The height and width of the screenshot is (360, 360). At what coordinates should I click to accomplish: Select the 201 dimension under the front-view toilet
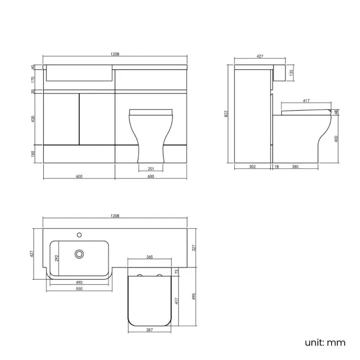[x=151, y=168]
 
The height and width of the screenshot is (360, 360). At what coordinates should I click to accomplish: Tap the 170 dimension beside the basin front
[x=33, y=79]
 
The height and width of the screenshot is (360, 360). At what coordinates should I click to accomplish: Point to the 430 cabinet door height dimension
[x=33, y=119]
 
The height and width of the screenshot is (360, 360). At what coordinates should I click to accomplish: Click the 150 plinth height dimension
[x=33, y=153]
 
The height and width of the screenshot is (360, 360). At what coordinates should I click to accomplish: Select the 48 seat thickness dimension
[x=337, y=112]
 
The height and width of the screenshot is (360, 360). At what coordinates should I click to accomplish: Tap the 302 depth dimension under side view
[x=252, y=167]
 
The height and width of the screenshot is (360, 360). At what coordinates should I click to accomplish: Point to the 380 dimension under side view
[x=296, y=167]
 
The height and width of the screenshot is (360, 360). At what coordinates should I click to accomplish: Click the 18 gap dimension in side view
[x=276, y=167]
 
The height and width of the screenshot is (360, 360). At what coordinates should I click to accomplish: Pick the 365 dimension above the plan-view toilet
[x=150, y=257]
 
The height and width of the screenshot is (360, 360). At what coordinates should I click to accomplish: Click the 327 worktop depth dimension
[x=193, y=248]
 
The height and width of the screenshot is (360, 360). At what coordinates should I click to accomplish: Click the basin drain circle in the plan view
[x=80, y=254]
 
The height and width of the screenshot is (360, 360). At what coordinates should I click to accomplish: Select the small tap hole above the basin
[x=80, y=234]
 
